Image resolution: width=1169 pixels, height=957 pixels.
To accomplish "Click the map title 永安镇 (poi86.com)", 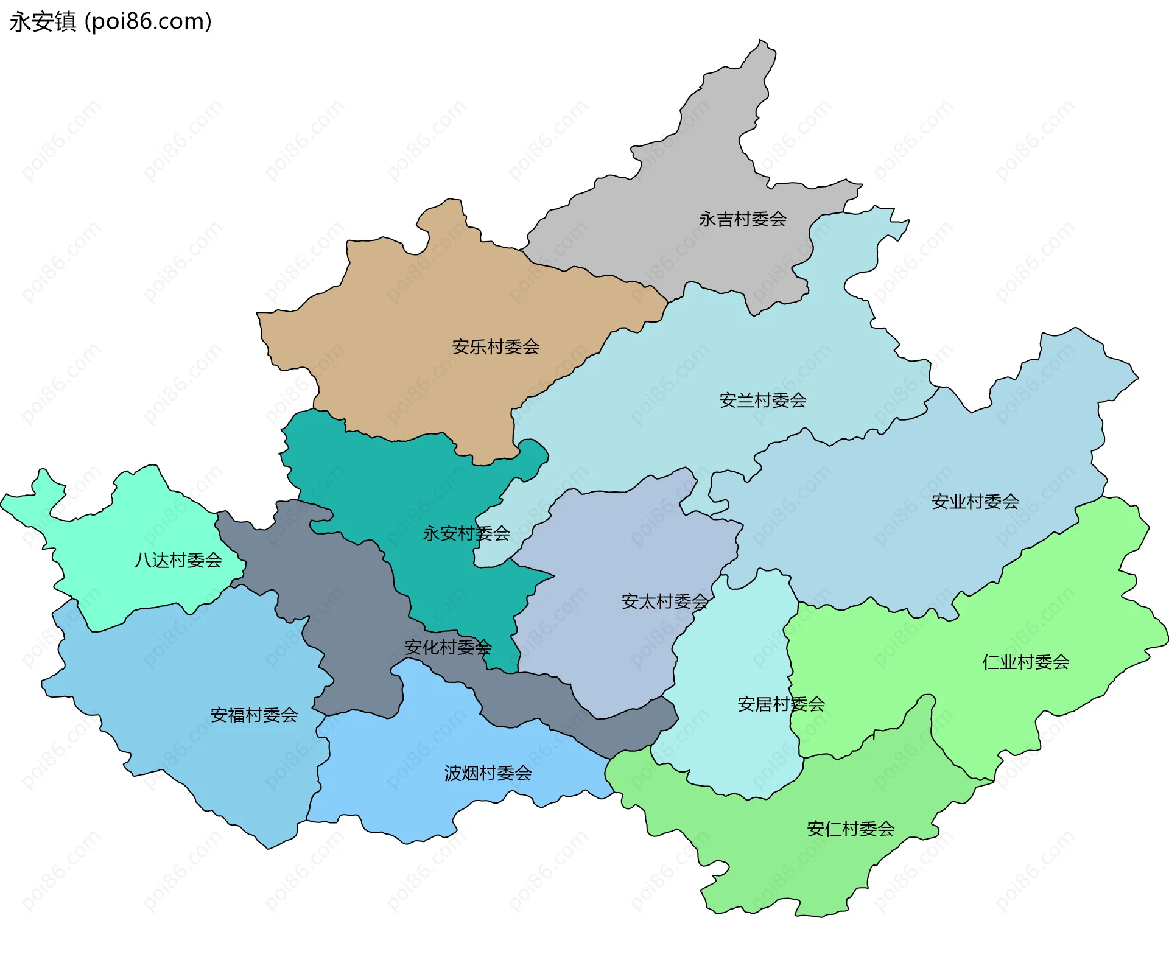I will (x=110, y=21).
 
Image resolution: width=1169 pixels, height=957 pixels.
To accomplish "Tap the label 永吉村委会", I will (x=742, y=219).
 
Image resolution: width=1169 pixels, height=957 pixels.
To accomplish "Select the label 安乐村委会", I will (x=496, y=347).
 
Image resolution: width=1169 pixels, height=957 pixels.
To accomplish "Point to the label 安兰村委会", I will (x=763, y=401).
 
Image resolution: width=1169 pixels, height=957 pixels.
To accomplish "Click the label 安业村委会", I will (x=975, y=502).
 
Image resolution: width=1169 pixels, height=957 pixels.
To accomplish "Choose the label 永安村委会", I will (x=466, y=534).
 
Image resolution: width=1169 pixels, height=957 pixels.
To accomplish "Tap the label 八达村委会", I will (x=178, y=560).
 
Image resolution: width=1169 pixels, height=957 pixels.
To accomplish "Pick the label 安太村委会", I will (x=665, y=601).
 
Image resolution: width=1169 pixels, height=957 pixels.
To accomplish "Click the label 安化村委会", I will (x=448, y=647).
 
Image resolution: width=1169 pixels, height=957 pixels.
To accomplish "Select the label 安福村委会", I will (x=254, y=715).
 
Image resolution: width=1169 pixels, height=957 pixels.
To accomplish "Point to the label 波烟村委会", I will (x=488, y=773).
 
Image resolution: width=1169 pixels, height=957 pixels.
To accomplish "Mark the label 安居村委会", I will (x=781, y=704).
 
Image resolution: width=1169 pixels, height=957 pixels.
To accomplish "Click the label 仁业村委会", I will (x=1026, y=662).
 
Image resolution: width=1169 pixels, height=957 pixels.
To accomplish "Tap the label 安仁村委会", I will (x=851, y=829).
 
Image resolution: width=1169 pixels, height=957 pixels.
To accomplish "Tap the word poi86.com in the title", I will (x=148, y=21).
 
